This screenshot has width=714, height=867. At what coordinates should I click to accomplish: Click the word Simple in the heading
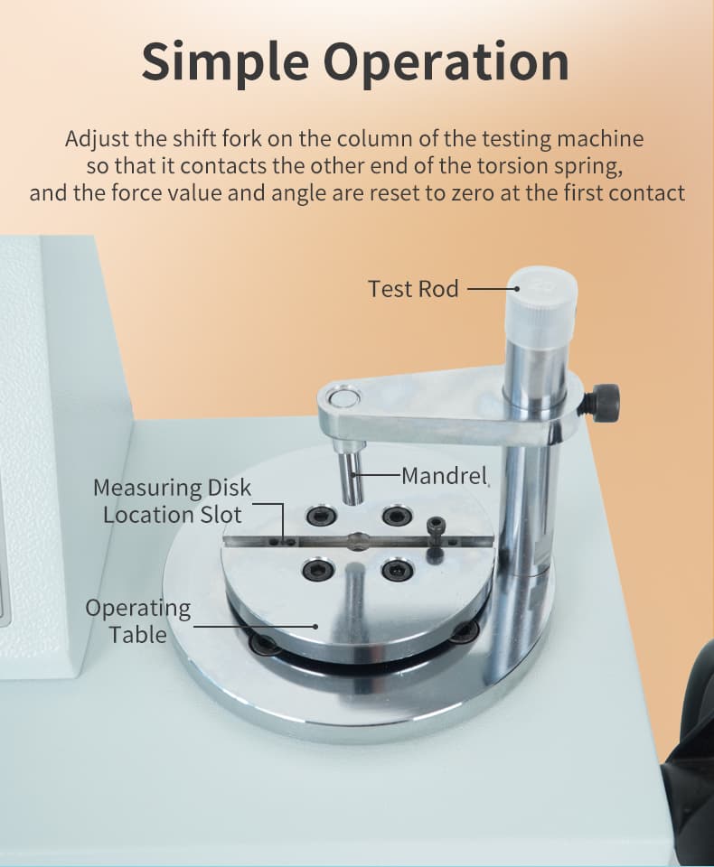[225, 62]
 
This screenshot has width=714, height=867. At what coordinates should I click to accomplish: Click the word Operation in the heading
[446, 62]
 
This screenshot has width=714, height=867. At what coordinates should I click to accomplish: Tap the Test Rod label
[413, 289]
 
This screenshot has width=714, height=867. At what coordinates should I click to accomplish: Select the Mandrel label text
[444, 476]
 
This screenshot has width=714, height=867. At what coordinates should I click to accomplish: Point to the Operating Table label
[138, 620]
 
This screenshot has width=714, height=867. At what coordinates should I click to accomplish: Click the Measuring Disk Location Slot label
[172, 501]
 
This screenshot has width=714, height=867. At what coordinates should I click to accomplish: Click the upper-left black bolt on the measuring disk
[321, 517]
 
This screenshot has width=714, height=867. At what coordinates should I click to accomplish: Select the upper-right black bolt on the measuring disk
[398, 516]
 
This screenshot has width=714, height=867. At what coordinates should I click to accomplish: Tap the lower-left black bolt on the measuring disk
[318, 570]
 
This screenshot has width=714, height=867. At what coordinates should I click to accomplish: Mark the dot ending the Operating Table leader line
[315, 627]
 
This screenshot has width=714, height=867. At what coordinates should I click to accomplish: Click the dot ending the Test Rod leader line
[516, 288]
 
